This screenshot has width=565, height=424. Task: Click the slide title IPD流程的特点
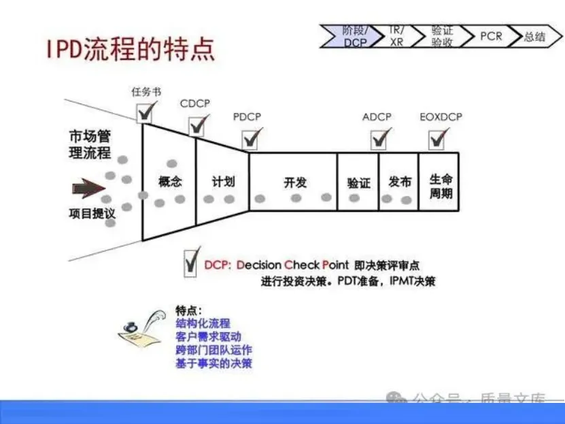(130, 49)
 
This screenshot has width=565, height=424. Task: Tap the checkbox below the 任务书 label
(145, 111)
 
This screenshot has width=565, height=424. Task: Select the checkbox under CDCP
(198, 125)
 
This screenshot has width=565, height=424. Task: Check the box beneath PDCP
(251, 138)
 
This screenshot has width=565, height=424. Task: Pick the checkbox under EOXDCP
(436, 138)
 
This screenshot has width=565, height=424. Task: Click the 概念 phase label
(170, 182)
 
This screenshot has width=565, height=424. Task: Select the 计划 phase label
(223, 182)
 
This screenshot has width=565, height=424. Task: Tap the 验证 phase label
(358, 183)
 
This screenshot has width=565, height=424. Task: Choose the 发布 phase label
(399, 182)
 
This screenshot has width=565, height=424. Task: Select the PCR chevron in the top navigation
(491, 35)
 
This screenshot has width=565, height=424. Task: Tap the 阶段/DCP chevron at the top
(353, 35)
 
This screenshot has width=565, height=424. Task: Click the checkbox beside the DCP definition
(191, 263)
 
